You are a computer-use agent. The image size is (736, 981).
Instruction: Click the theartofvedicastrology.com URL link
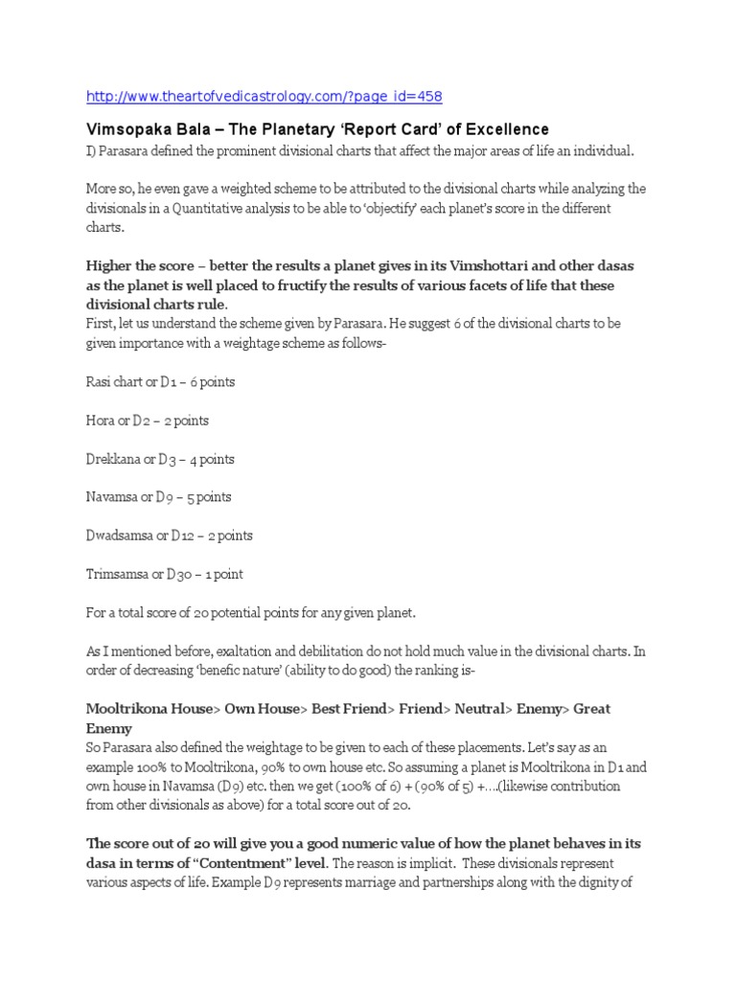(264, 96)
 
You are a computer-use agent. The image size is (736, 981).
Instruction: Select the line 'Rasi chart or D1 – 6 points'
(161, 382)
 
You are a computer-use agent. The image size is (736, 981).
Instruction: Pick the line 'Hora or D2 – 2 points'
(148, 421)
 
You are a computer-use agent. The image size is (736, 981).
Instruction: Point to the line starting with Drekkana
(160, 459)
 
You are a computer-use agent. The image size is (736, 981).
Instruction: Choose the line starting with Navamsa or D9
(159, 497)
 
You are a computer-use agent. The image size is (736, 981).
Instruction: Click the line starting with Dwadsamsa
(170, 536)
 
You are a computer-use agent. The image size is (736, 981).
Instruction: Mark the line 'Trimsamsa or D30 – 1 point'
(165, 574)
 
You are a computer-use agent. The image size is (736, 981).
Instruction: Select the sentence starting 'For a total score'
(252, 612)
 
